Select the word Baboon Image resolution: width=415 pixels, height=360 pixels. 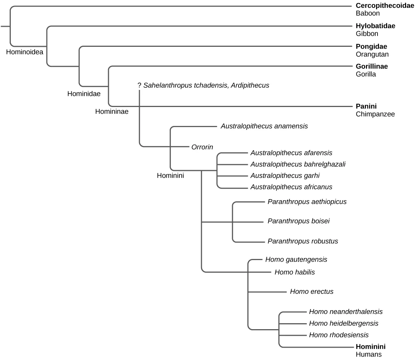[367, 13]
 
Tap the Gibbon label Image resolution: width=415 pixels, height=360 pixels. [367, 34]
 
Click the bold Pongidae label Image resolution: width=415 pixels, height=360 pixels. [372, 46]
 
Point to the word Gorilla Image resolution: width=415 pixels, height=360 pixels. [366, 74]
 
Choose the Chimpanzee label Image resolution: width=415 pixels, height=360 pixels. [375, 114]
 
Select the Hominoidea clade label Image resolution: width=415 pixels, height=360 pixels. [25, 52]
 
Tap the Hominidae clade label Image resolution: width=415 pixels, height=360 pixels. [84, 94]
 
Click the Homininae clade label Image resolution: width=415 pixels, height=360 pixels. [112, 111]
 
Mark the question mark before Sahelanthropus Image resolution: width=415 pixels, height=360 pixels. [139, 85]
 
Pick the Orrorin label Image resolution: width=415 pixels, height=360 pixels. [202, 147]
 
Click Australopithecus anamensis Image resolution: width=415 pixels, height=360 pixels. [264, 126]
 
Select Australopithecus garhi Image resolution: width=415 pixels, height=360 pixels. [285, 175]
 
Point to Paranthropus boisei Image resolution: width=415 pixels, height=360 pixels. [299, 221]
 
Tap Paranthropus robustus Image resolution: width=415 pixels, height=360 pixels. [303, 241]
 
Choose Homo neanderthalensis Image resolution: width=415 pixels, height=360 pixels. [346, 312]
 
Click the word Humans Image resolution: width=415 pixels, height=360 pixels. [369, 354]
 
